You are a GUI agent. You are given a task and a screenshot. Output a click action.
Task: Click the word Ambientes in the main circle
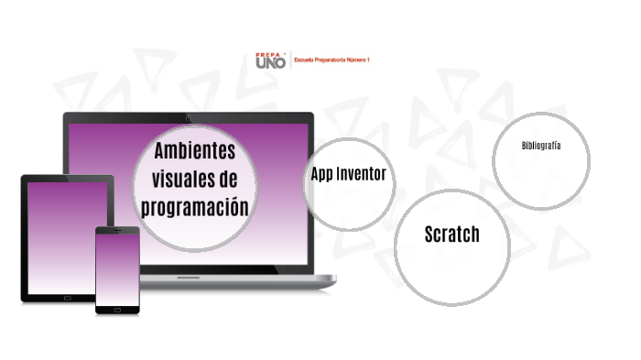195,149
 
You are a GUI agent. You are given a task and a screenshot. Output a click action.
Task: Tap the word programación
195,206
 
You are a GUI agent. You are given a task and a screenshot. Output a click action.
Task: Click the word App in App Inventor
321,174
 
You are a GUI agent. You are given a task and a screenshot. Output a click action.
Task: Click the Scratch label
451,235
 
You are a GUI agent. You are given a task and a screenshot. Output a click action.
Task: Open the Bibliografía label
540,146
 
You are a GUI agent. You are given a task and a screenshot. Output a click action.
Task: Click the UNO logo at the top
270,63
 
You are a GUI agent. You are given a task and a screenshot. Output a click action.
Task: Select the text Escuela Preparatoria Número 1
331,60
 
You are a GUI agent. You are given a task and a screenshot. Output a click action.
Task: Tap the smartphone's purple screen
117,269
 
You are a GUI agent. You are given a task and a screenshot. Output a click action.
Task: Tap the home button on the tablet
68,298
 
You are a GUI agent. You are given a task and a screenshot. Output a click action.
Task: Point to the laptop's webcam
188,117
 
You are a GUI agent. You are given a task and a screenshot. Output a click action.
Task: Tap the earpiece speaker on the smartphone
117,230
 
